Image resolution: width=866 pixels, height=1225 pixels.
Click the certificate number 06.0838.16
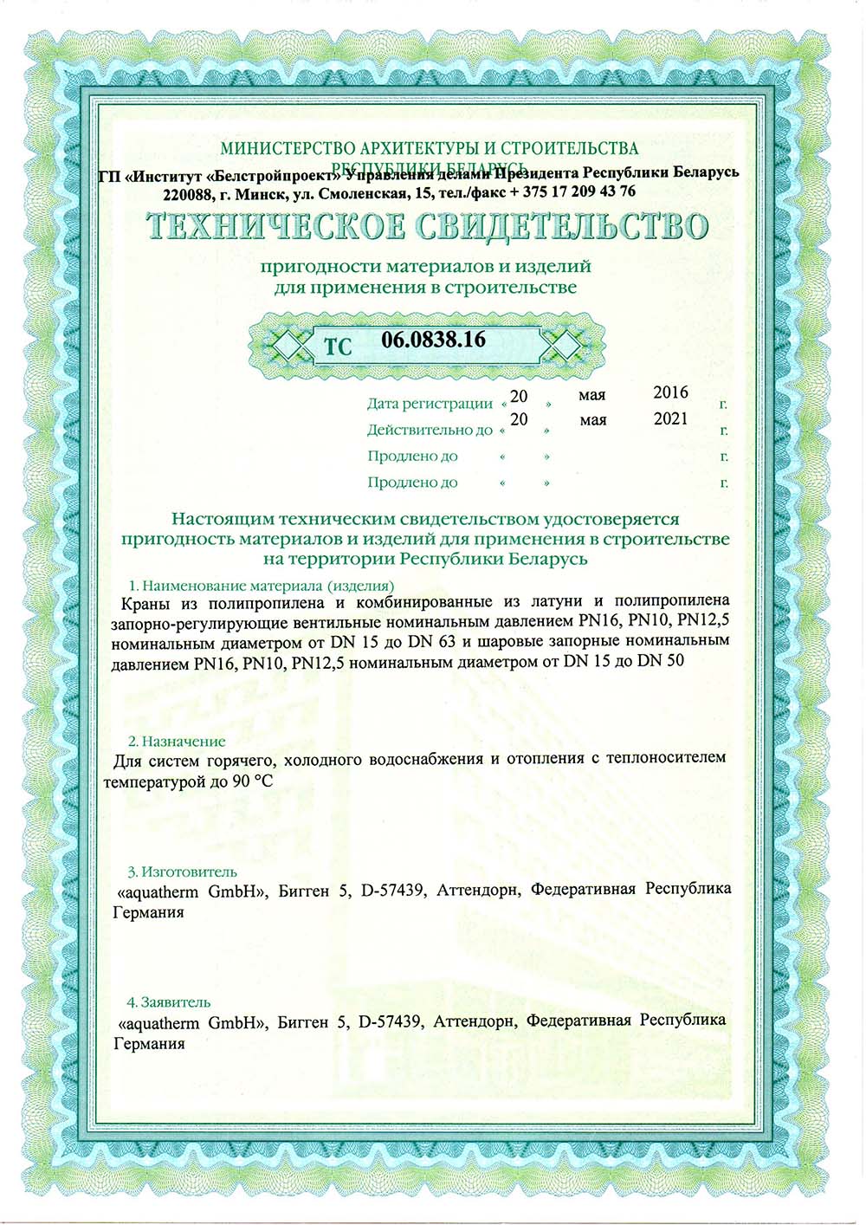[x=433, y=340]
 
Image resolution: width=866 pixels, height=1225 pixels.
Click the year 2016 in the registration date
[x=670, y=392]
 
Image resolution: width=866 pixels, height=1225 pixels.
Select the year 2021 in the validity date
[x=670, y=418]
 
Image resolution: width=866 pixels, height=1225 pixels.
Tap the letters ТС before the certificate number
[x=338, y=347]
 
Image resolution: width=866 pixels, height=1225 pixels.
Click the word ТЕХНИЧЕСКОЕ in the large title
[x=275, y=227]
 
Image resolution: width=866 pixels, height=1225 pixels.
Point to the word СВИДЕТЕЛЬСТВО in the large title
[x=562, y=227]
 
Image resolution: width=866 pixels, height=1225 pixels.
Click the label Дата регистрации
[x=430, y=404]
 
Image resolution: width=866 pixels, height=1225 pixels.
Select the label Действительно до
[x=430, y=430]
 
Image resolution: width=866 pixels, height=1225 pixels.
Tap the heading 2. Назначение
[x=177, y=742]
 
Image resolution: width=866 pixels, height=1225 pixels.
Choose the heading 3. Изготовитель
[x=182, y=872]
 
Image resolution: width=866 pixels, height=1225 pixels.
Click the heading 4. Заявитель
[x=169, y=1002]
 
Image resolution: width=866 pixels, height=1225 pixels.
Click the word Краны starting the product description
[x=139, y=602]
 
